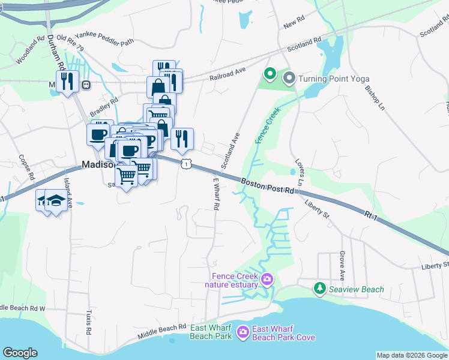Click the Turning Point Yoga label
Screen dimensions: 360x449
click(334, 79)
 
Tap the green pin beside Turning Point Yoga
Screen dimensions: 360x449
click(270, 75)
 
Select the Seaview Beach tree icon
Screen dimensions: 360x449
click(320, 289)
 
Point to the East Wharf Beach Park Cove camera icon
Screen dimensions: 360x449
click(243, 331)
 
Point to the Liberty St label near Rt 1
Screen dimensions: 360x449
click(318, 211)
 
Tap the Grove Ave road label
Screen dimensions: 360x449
click(342, 266)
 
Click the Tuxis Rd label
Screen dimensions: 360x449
click(88, 322)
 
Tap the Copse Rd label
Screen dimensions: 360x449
click(25, 166)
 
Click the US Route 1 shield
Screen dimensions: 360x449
click(187, 164)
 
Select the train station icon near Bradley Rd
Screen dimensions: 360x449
click(86, 85)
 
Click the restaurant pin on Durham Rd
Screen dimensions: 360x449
click(67, 82)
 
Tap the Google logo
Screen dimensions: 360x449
click(20, 353)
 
